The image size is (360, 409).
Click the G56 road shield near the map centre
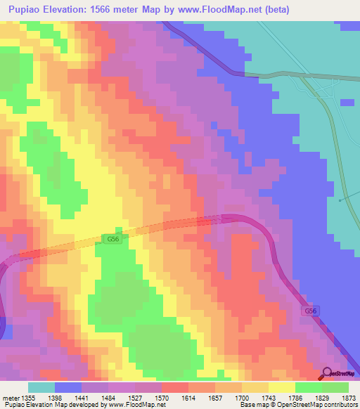[x=113, y=240]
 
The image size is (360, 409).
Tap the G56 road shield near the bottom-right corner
[x=311, y=310]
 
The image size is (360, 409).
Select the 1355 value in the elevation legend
[x=28, y=398]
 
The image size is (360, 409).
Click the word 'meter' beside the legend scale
[x=11, y=398]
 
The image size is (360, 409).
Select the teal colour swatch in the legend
[x=41, y=387]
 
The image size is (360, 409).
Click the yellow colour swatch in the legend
[x=281, y=387]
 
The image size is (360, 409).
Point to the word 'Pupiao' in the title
[x=27, y=10]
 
